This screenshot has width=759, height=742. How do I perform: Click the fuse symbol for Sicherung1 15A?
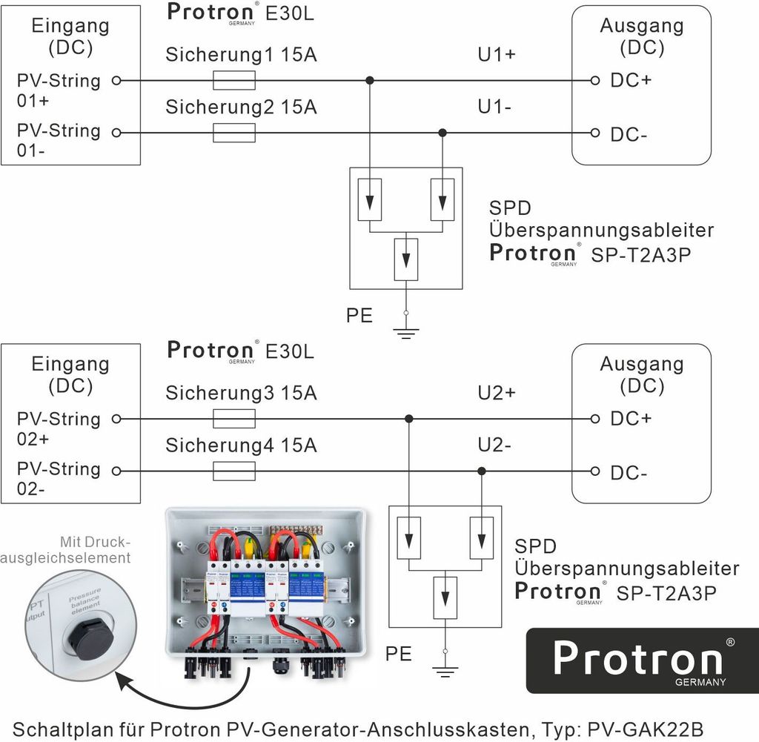click(x=234, y=80)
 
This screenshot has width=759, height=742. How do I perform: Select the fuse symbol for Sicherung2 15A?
click(x=234, y=133)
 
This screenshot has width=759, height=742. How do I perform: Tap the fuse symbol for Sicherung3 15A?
click(x=234, y=419)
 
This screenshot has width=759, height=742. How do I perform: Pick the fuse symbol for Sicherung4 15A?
click(x=234, y=471)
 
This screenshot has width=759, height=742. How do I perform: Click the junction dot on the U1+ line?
click(x=370, y=80)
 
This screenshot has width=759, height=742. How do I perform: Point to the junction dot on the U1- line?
click(x=443, y=133)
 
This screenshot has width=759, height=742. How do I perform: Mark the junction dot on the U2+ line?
click(x=409, y=419)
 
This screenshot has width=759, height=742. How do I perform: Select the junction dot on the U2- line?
click(x=482, y=471)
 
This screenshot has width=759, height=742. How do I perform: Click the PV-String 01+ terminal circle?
click(x=116, y=80)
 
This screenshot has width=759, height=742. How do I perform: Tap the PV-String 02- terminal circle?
click(x=116, y=471)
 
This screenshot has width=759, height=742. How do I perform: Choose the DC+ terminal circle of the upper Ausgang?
click(x=595, y=80)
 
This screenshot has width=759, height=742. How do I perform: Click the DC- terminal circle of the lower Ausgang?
click(x=595, y=471)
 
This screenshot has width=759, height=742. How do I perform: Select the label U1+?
click(x=497, y=54)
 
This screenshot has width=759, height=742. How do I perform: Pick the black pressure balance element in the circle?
click(x=82, y=636)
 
